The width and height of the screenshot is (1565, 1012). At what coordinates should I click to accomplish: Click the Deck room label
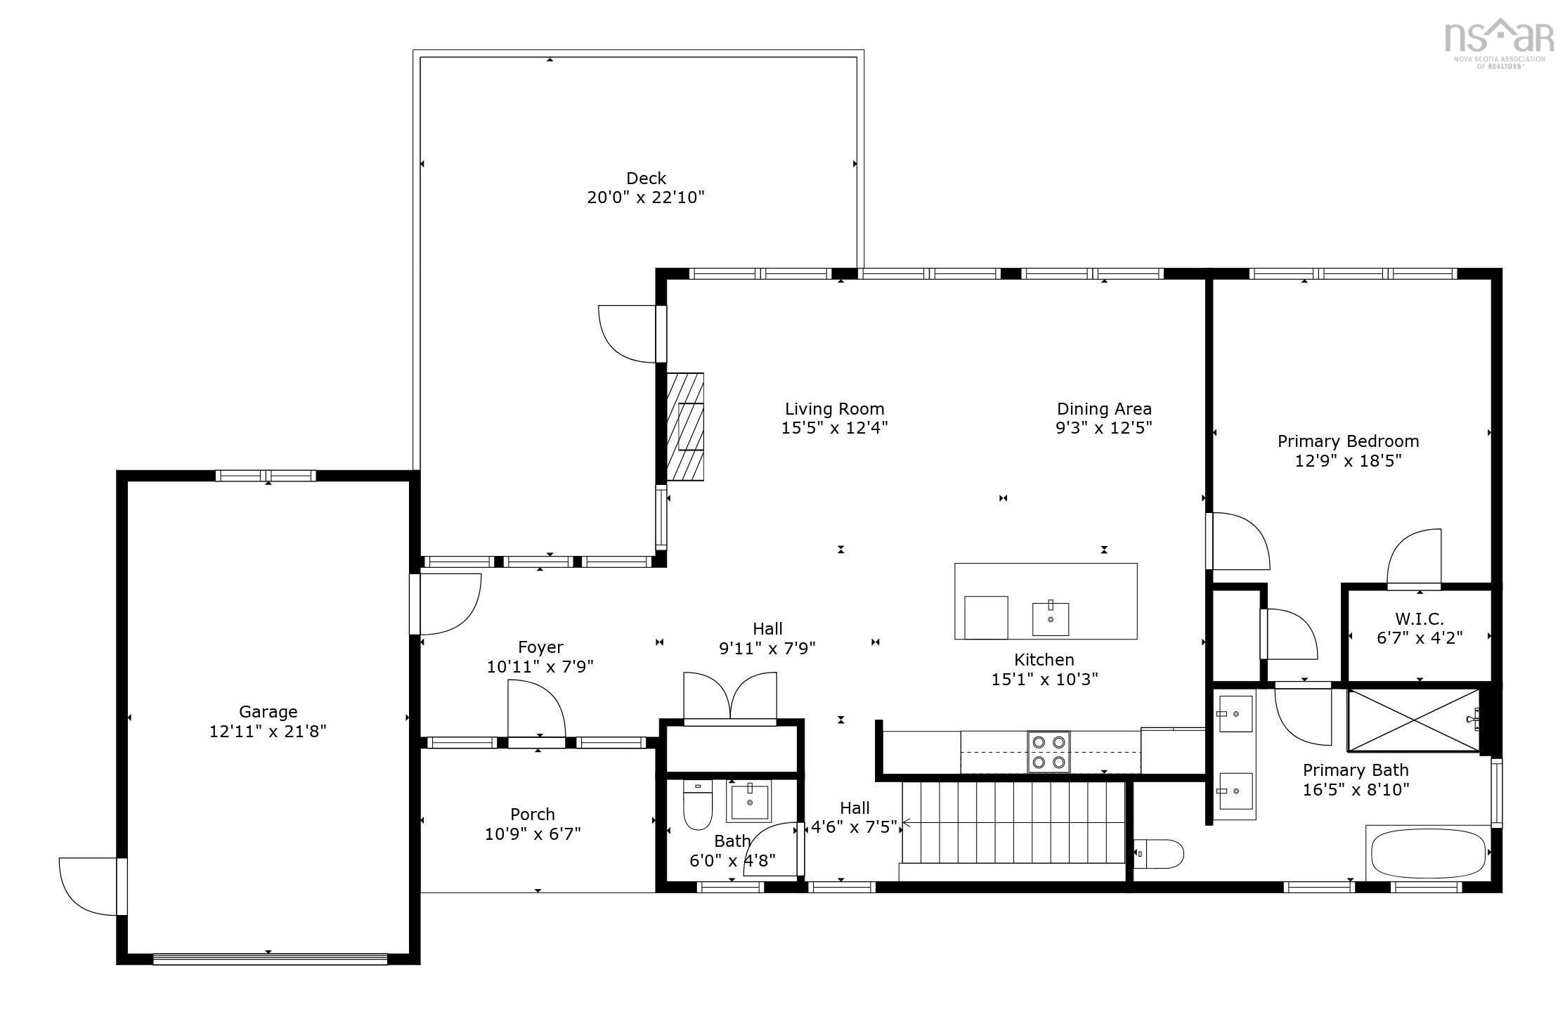[646, 179]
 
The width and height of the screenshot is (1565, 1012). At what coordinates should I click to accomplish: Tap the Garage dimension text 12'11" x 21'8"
[268, 732]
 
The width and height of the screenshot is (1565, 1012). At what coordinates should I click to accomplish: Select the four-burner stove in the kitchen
[1048, 752]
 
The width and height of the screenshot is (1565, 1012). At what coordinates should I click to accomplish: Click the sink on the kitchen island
[1051, 618]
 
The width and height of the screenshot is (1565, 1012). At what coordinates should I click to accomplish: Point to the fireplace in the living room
[685, 427]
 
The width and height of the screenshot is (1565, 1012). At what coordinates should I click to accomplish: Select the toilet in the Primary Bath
[1158, 854]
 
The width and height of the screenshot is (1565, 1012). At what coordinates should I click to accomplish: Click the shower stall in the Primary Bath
[1413, 720]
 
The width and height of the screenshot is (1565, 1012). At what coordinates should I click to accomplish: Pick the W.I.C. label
[1420, 619]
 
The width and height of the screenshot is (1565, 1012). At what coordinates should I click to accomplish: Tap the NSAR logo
[1498, 43]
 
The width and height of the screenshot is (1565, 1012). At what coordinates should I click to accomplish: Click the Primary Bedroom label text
[1348, 441]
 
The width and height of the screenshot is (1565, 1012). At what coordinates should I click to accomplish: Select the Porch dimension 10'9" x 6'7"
[533, 834]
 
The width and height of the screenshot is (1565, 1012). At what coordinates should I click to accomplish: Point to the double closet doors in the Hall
[730, 696]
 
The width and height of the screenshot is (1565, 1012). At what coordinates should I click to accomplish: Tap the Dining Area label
[1104, 409]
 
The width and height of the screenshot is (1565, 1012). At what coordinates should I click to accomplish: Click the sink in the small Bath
[751, 800]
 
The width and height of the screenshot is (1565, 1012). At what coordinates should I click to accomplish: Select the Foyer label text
[540, 647]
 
